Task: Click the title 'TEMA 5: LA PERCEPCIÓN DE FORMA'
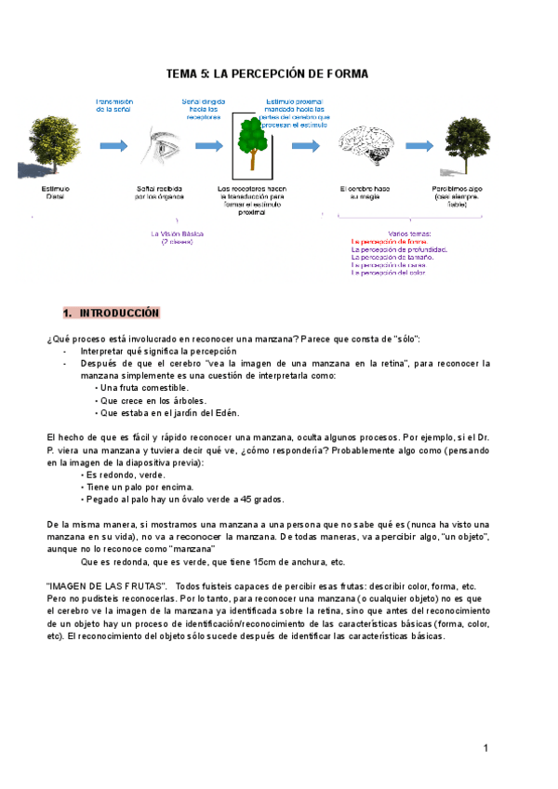267,74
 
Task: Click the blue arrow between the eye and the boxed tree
206,145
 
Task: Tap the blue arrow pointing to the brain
306,145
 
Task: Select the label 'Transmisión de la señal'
115,104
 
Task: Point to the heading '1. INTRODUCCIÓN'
111,313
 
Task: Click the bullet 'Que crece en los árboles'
153,400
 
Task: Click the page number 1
485,749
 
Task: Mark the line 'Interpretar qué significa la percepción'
158,352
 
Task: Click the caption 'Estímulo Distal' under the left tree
55,193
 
